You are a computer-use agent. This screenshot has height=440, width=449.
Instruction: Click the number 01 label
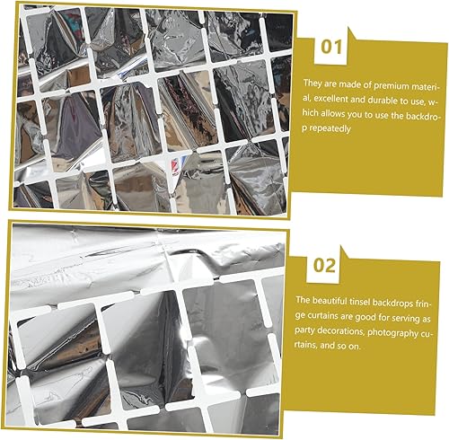point(331,48)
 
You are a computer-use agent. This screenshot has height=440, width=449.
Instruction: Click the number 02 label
point(324,266)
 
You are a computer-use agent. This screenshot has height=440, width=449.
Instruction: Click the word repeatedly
point(330,128)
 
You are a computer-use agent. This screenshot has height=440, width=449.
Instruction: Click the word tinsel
point(360,302)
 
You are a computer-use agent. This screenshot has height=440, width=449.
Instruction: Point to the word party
point(304,330)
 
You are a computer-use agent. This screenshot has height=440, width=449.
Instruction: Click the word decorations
point(340,331)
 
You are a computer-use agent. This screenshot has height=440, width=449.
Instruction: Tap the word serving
point(403,318)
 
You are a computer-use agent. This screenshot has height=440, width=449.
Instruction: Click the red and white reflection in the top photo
point(176,166)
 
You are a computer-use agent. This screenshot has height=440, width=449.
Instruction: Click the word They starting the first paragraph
point(312,83)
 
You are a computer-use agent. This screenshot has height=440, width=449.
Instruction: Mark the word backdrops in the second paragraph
point(392,304)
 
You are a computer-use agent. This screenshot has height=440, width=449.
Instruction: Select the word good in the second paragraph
point(364,317)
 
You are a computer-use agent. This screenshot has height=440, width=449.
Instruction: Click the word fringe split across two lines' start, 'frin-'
point(423,304)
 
